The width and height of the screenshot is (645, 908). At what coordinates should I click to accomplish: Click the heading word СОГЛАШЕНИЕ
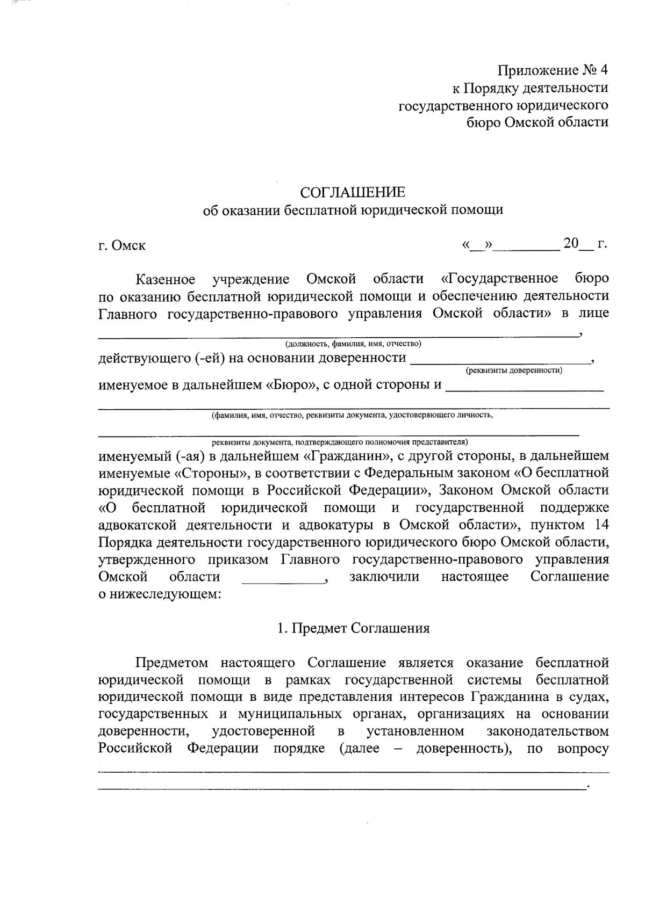[x=352, y=192]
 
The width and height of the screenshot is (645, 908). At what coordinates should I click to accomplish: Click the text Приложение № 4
[x=553, y=70]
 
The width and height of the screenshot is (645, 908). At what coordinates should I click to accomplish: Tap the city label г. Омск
[x=122, y=246]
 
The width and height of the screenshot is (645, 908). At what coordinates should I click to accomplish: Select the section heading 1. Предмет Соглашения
[x=353, y=628]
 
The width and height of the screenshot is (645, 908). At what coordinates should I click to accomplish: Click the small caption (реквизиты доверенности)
[x=514, y=370]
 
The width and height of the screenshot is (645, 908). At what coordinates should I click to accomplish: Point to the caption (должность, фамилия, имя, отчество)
[x=353, y=344]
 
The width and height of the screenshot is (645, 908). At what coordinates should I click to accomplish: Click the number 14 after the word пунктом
[x=602, y=525]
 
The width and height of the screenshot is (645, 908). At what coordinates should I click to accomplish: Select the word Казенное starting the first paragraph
[x=165, y=279]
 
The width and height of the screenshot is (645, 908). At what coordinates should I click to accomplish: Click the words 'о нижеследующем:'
[x=160, y=594]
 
